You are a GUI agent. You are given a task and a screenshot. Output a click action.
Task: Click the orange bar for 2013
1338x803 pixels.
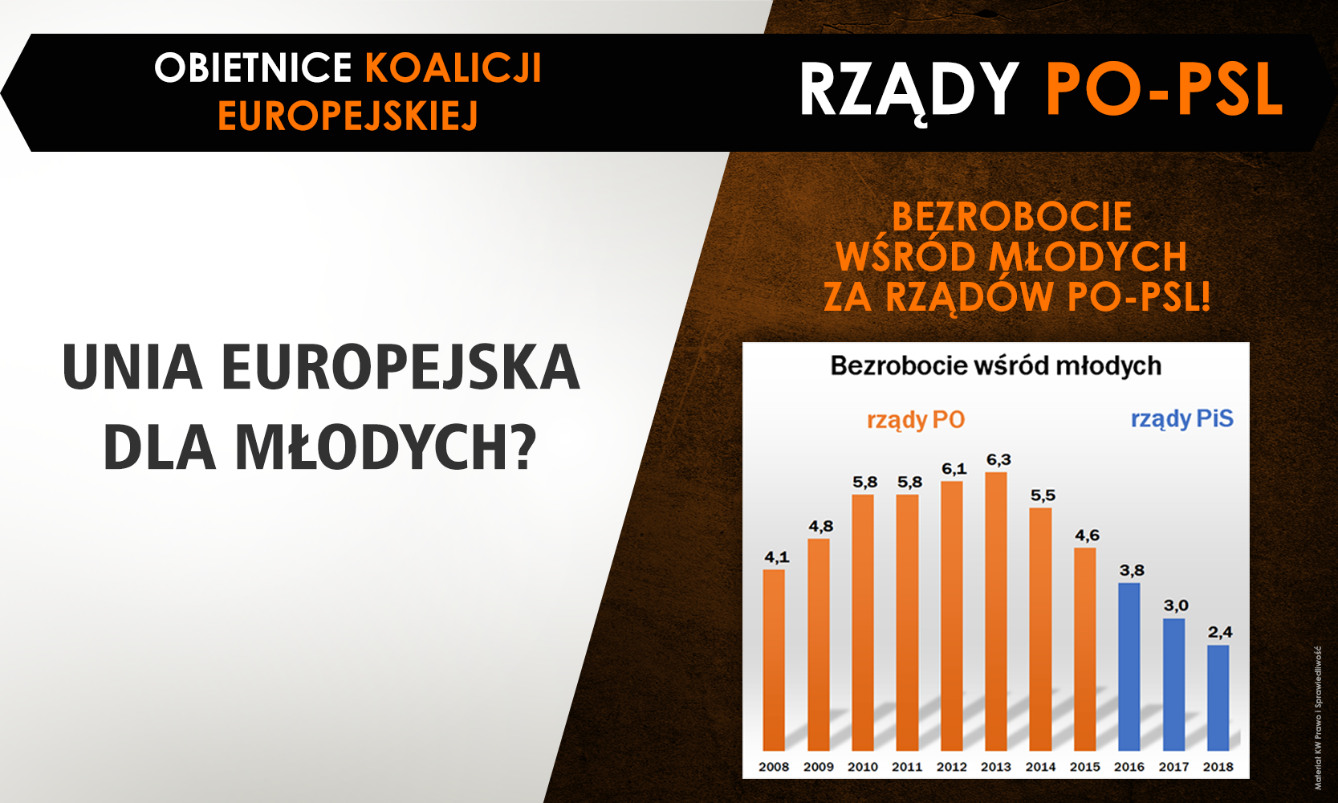pos(996,611)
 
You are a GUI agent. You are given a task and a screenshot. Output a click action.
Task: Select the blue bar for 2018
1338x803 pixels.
pos(1218,698)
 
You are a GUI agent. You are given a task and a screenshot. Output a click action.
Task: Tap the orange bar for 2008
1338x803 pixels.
pos(774,660)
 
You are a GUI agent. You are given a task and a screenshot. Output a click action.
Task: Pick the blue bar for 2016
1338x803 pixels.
pos(1129,666)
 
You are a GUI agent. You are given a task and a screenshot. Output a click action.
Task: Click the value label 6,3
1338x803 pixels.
pos(998,459)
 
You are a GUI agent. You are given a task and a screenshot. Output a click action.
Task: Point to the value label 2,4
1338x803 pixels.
pos(1220,632)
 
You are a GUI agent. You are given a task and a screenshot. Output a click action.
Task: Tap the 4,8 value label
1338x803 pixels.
pos(821,527)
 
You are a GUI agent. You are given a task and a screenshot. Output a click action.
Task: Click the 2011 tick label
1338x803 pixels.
pos(907,767)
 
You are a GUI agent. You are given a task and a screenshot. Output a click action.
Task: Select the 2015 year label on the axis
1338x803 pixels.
pos(1084,767)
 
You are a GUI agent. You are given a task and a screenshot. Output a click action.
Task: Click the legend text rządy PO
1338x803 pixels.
pos(916,420)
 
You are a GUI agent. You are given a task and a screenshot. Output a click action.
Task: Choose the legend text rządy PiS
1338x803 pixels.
pos(1181,419)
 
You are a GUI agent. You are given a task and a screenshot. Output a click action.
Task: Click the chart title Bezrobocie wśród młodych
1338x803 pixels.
pos(996,365)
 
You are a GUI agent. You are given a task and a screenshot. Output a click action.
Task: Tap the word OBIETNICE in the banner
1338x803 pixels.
pos(254,67)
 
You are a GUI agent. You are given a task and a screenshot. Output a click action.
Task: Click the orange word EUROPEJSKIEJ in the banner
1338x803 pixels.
pos(348,116)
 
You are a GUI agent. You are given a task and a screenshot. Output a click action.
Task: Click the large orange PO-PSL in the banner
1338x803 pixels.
pos(1164,88)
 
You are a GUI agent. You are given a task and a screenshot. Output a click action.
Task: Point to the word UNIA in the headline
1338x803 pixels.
pos(132,367)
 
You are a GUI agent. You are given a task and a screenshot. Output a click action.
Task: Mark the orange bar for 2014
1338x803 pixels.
pos(1040,629)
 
